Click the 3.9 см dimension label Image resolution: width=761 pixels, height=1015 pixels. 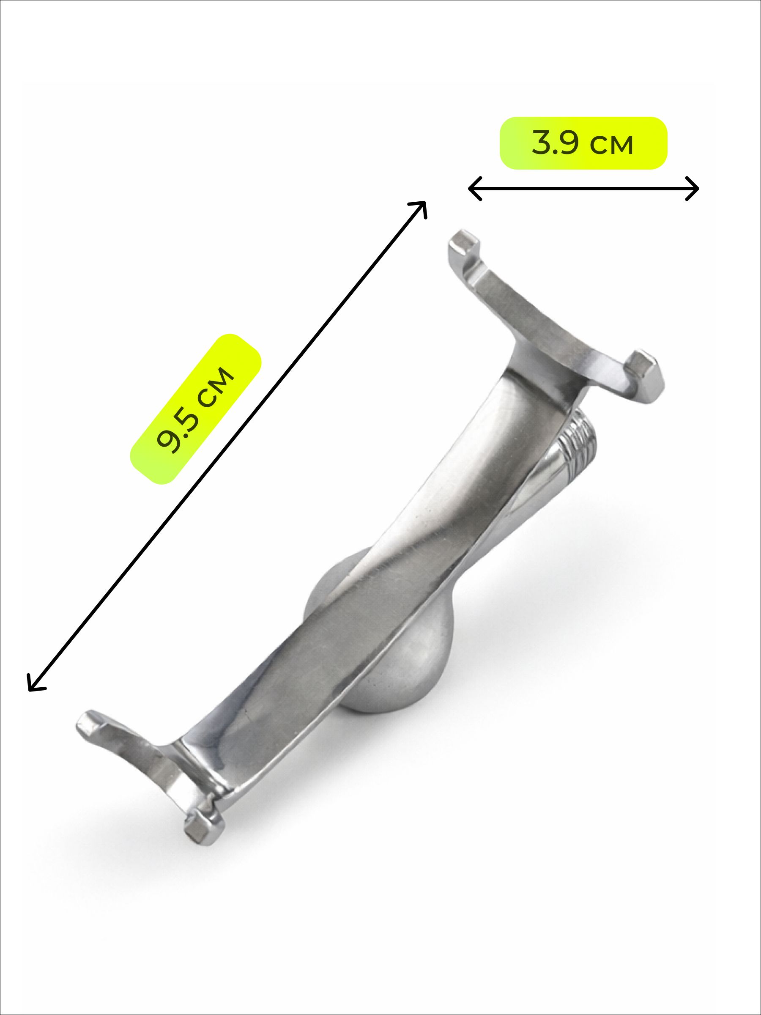pyautogui.click(x=583, y=144)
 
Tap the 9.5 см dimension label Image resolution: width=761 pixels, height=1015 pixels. pyautogui.click(x=196, y=408)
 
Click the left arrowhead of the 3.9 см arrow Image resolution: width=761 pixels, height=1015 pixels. pyautogui.click(x=475, y=189)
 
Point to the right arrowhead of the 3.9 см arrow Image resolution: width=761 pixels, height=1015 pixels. pyautogui.click(x=692, y=189)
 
